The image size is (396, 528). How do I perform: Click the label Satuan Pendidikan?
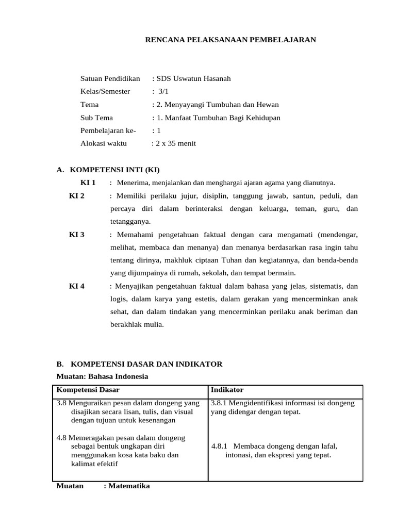coord(110,79)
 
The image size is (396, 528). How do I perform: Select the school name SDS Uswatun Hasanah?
coord(193,79)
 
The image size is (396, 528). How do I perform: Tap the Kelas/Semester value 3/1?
coord(163,92)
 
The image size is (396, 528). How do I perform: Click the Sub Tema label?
coord(96,118)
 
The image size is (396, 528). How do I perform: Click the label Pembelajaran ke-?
coord(108,131)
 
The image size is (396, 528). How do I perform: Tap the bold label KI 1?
coord(88,183)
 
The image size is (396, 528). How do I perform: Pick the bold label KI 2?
coord(77,196)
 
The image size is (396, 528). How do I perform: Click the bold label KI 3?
coord(77,235)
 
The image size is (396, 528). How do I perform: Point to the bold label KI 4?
coord(77,286)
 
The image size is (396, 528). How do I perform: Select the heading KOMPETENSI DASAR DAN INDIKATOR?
coord(146,364)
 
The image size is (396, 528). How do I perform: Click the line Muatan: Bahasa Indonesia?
coord(102,376)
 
